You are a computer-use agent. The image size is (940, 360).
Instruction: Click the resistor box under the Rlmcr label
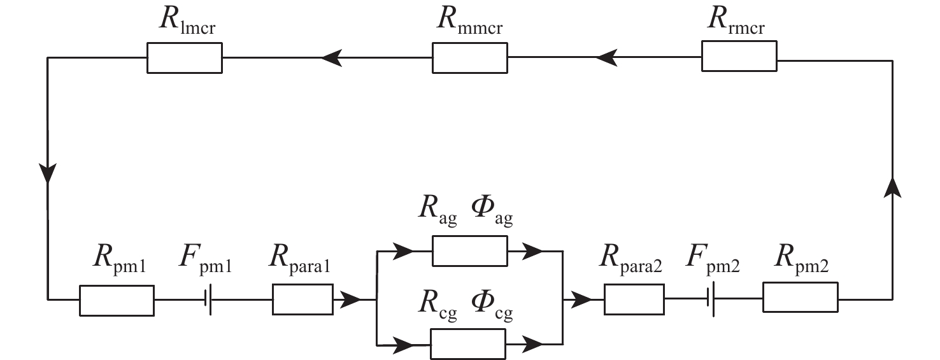pos(184,58)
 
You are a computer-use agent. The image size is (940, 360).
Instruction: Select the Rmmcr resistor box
pos(470,58)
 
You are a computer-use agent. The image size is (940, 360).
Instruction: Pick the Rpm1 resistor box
pos(117,300)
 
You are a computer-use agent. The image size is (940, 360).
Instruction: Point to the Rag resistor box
pos(469,251)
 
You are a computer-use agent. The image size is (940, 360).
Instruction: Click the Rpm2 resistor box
pos(800,298)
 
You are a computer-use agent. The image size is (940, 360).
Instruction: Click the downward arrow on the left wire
pos(48,173)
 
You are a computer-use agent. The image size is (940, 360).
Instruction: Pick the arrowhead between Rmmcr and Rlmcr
pos(331,58)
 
